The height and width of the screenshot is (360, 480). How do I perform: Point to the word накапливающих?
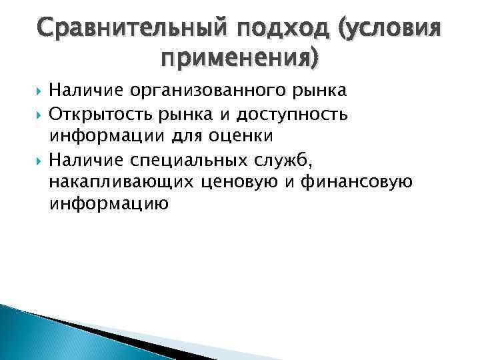tap(121, 181)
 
